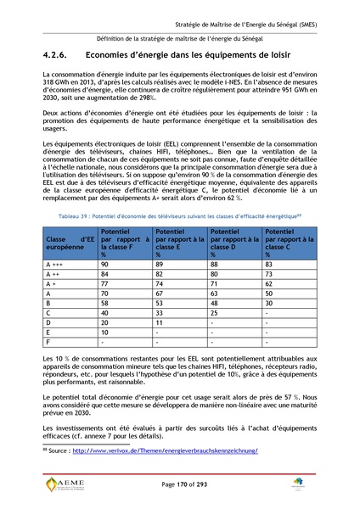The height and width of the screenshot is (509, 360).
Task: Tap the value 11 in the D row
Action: click(x=159, y=324)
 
